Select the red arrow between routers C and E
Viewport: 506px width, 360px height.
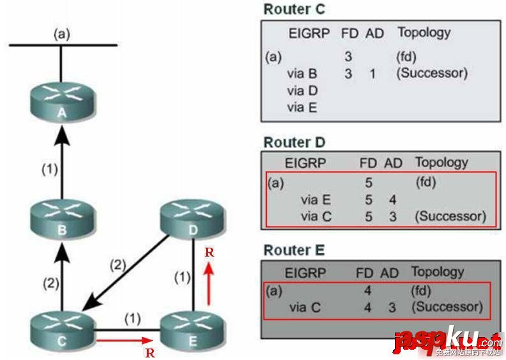pyautogui.click(x=124, y=341)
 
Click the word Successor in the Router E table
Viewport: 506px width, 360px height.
pyautogui.click(x=446, y=307)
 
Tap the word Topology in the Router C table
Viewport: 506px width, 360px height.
pyautogui.click(x=424, y=33)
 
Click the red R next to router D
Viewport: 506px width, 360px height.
pyautogui.click(x=209, y=252)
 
